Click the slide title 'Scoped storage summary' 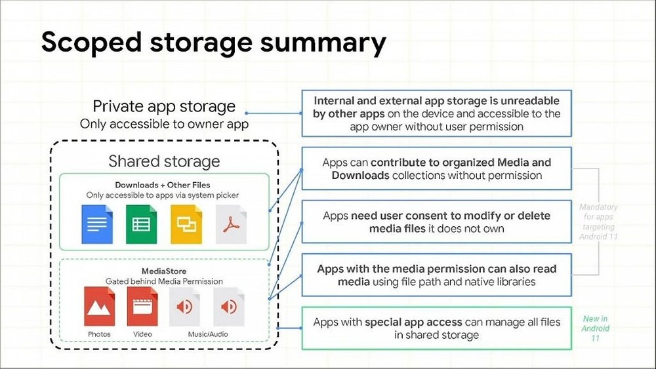[x=213, y=43]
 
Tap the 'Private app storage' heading [x=164, y=106]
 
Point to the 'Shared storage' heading [x=164, y=161]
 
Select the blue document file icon [x=97, y=224]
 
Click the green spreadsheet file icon [x=142, y=224]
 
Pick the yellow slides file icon [x=186, y=224]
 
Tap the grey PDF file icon [x=231, y=224]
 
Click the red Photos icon [x=99, y=306]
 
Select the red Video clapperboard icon [x=142, y=306]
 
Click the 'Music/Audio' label [x=208, y=334]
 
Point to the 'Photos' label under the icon [x=99, y=334]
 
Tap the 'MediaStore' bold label [x=164, y=271]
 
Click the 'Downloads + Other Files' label [x=163, y=185]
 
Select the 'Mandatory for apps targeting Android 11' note [x=598, y=222]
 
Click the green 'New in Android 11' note [x=596, y=328]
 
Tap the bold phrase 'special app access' [x=413, y=322]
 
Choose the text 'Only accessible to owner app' [x=164, y=124]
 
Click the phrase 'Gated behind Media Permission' [x=164, y=281]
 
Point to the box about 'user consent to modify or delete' [x=436, y=222]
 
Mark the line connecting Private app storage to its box [x=274, y=113]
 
